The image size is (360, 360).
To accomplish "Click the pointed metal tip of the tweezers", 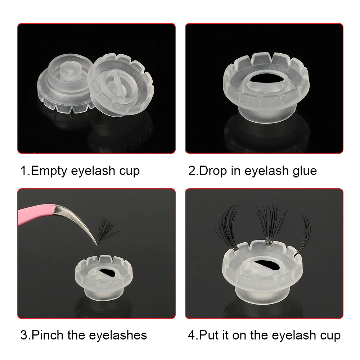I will pos(94,243).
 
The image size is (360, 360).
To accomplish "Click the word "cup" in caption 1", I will pos(128,171).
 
